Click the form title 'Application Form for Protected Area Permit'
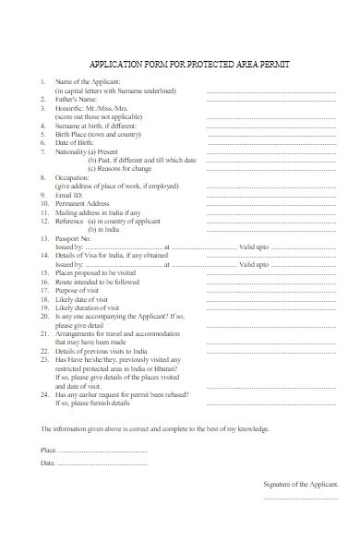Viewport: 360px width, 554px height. pos(188,66)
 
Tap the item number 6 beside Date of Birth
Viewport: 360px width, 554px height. pos(42,142)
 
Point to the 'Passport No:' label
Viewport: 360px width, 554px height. pos(78,238)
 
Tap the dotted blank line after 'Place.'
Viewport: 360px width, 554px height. pos(102,451)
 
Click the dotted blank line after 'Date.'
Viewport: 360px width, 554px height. pos(102,463)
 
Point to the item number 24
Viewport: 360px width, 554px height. pos(43,394)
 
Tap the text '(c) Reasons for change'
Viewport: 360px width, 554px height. pos(119,169)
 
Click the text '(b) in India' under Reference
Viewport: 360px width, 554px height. pos(109,229)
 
